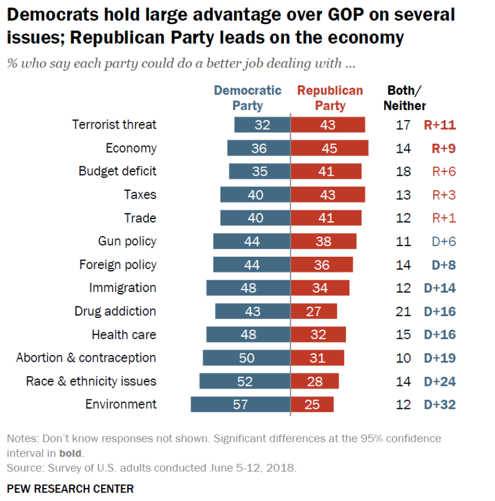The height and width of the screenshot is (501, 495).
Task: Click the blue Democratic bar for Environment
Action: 240,404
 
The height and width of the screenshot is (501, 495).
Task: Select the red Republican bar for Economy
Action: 330,148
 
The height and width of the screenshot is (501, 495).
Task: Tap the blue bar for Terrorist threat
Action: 262,125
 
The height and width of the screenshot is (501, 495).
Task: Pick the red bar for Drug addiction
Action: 314,311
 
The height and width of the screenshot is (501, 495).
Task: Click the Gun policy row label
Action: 127,242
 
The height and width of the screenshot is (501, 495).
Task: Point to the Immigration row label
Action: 123,288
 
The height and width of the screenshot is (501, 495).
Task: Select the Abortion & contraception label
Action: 86,358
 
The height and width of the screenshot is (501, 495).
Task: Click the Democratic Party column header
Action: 247,98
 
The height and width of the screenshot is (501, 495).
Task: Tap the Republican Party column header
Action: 330,98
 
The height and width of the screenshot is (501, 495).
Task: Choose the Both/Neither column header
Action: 404,98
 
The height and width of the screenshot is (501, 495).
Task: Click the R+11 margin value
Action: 439,125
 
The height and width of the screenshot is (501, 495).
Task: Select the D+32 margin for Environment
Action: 439,404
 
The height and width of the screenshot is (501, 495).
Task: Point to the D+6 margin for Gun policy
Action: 444,242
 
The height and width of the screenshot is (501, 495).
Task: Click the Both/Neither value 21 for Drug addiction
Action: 403,311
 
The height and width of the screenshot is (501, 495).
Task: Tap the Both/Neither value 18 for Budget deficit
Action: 403,171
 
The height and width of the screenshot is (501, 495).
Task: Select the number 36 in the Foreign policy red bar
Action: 322,265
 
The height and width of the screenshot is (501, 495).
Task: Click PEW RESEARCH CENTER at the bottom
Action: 70,488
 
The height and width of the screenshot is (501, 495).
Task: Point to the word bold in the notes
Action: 70,453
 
